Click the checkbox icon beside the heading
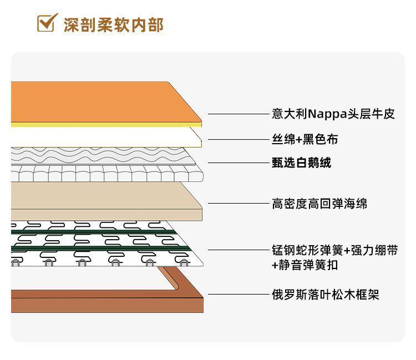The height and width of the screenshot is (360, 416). point(45,23)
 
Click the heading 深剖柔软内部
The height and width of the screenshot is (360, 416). point(113,25)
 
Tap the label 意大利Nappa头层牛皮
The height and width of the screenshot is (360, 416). point(333,114)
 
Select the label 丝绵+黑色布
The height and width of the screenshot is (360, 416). point(305,139)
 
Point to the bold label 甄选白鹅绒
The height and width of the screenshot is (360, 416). point(301,163)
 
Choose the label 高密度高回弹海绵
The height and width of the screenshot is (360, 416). point(319,204)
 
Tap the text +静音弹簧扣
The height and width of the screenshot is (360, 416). point(305,265)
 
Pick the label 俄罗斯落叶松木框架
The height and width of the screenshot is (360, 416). point(325,295)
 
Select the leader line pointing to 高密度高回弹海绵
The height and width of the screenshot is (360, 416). point(239,204)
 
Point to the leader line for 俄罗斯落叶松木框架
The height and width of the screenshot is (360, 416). point(239,295)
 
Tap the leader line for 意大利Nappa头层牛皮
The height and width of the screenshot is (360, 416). point(239,114)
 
